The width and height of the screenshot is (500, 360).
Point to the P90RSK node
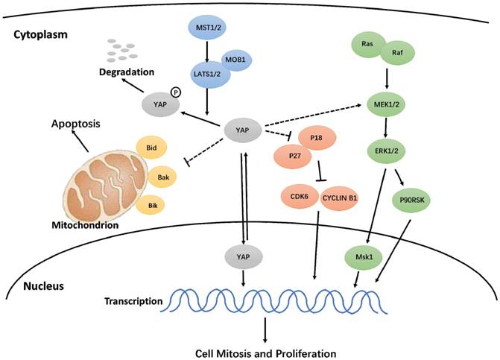click(416, 200)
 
